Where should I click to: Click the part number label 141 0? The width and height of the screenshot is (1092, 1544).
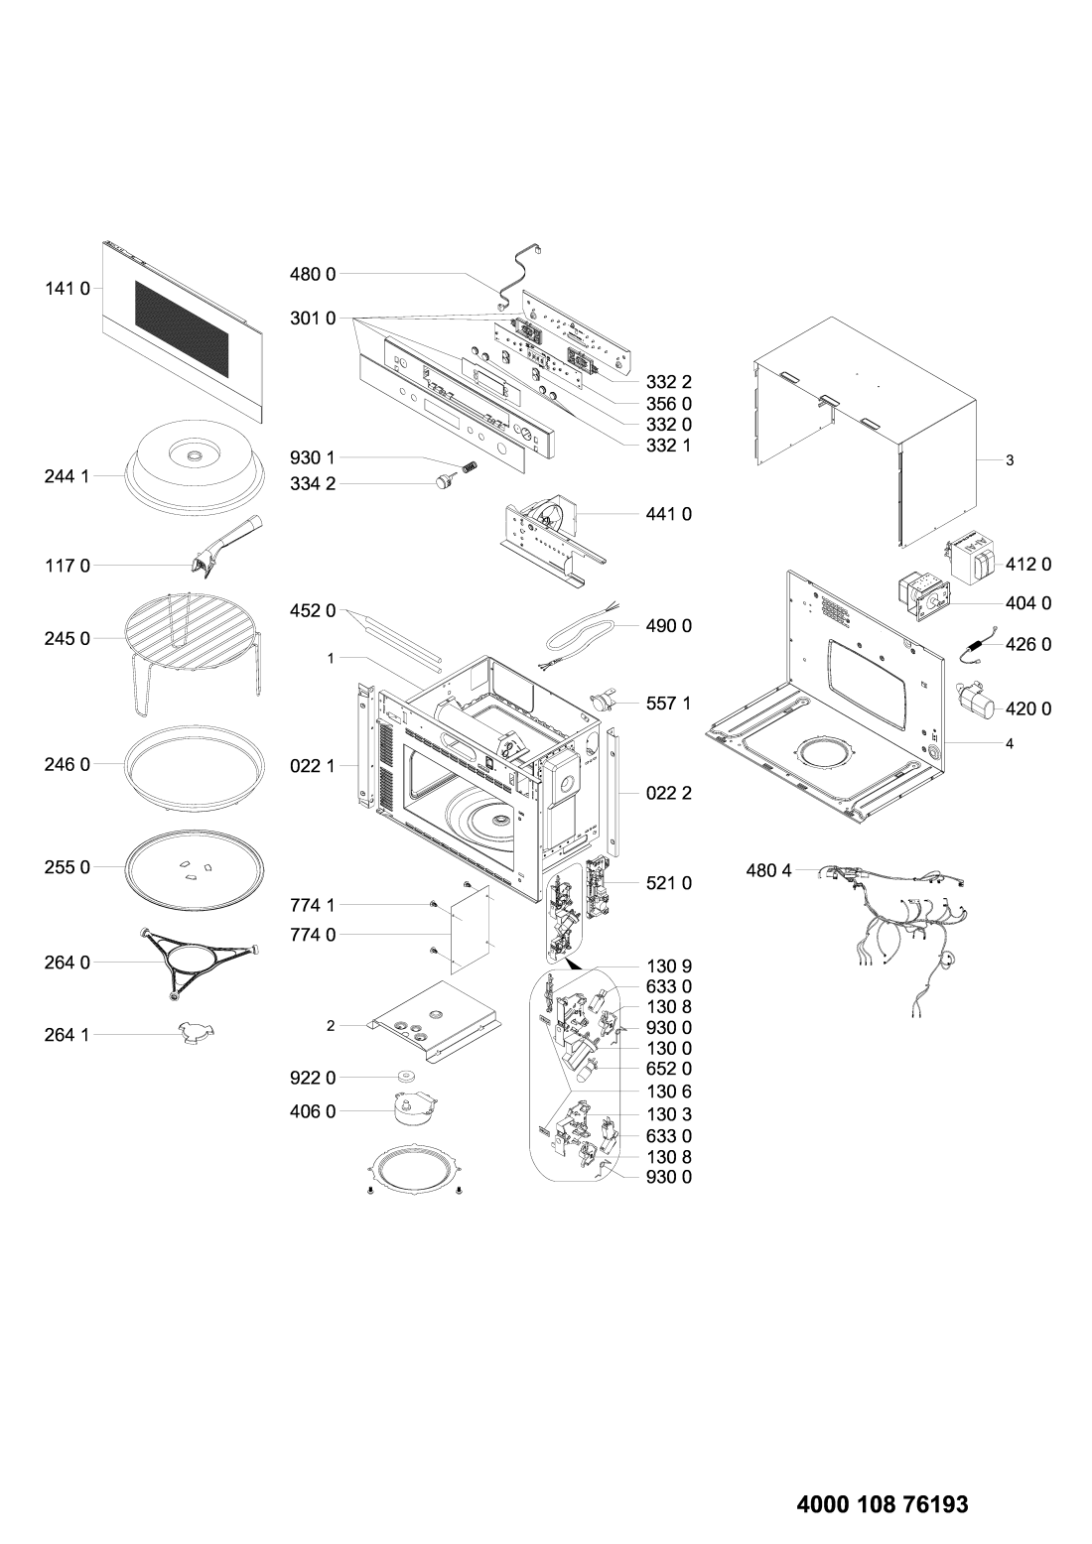pos(68,289)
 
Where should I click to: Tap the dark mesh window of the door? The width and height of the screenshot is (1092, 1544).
pos(182,328)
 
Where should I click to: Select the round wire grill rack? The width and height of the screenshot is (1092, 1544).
pos(194,652)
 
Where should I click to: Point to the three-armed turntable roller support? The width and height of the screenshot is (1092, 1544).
pos(200,963)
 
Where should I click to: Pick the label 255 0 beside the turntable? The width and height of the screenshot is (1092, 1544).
pos(68,867)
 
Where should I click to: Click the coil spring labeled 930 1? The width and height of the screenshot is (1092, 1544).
pos(469,466)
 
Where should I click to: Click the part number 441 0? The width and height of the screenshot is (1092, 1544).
pos(669,514)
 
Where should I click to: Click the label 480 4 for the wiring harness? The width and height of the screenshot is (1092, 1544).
pos(768,871)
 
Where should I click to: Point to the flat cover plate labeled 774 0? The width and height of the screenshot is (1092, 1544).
pos(471,930)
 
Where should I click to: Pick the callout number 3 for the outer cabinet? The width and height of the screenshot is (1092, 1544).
pos(1010,460)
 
